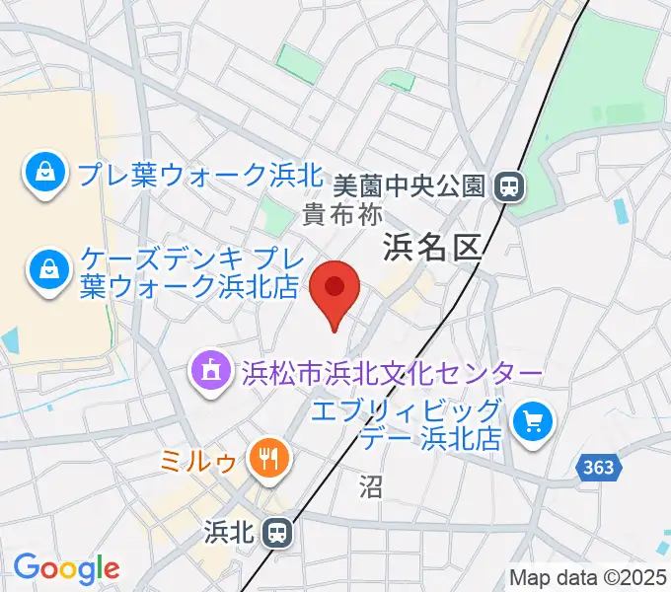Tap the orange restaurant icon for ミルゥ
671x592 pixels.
(x=267, y=456)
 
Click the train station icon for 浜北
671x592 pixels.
(x=279, y=534)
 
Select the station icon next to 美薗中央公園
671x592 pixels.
(x=509, y=185)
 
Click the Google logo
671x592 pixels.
(x=66, y=568)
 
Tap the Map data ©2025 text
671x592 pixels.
(x=589, y=577)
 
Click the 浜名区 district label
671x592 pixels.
(x=432, y=247)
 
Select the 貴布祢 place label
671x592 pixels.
(x=341, y=211)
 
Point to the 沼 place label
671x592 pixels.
(x=371, y=485)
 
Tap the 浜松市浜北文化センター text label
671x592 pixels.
(x=392, y=374)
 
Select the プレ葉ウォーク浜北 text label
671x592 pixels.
(x=186, y=176)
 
